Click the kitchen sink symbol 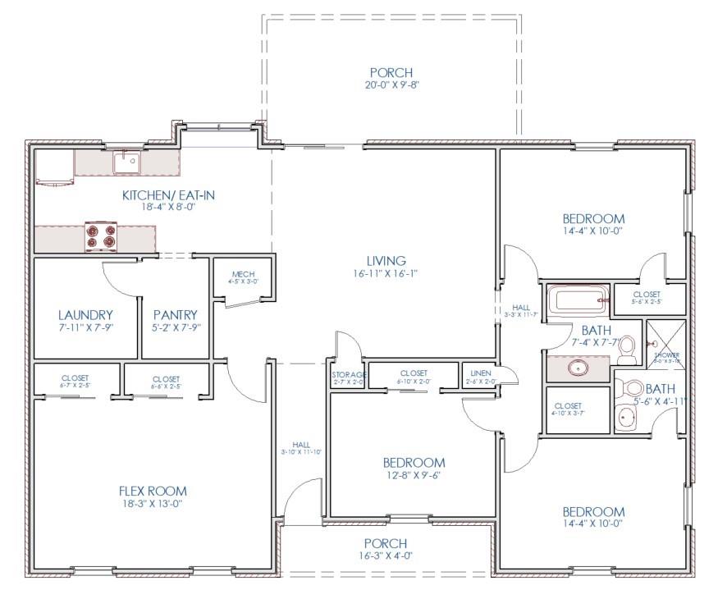coord(127,162)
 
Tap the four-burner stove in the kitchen coord(100,236)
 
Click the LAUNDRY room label coord(85,314)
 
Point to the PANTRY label coord(176,314)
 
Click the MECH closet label coord(243,275)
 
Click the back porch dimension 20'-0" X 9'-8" coord(390,85)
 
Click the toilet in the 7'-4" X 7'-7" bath coord(627,350)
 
